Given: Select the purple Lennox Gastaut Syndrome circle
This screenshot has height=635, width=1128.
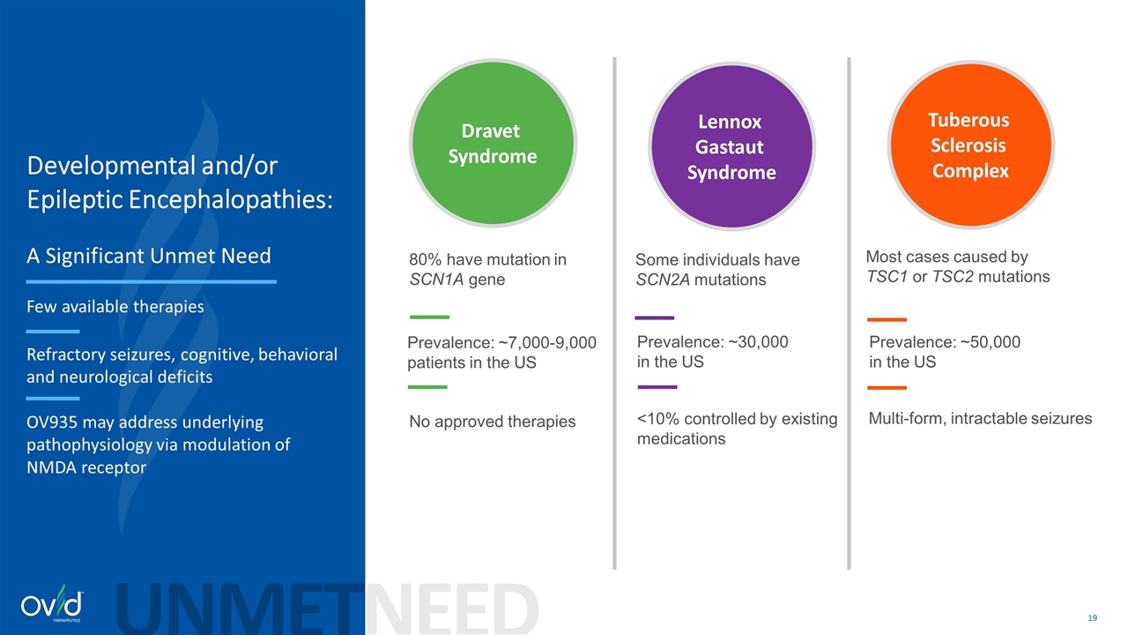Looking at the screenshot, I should click(x=731, y=146).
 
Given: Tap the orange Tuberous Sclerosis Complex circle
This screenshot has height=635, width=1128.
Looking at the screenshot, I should click(x=970, y=145).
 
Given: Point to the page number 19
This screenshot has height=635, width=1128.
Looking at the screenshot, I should click(x=1093, y=618).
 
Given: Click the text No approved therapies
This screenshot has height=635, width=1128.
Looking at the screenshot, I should click(x=492, y=422).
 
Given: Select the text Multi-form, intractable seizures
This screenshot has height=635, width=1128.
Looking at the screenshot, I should click(x=980, y=418).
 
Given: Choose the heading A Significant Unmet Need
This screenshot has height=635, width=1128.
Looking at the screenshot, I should click(x=149, y=256).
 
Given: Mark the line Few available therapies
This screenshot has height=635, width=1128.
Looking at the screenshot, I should click(x=115, y=307).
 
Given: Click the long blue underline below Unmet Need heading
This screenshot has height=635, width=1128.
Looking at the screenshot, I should click(x=151, y=281).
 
